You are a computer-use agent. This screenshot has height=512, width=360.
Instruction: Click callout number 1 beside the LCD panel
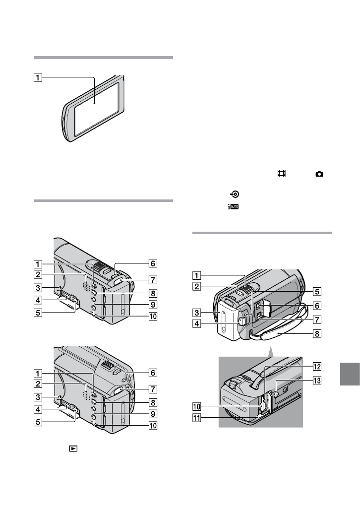pyautogui.click(x=38, y=77)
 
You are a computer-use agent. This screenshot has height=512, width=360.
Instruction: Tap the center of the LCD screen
pyautogui.click(x=95, y=106)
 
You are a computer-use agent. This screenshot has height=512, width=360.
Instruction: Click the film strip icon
pyautogui.click(x=282, y=174)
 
